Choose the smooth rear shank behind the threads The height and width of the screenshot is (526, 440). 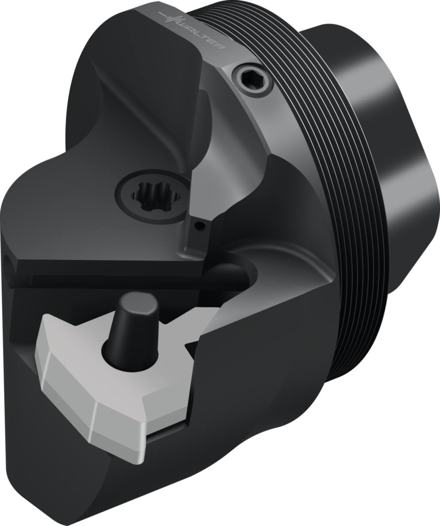pos(400,172)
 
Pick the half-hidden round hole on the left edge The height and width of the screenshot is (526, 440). pos(9,262)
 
